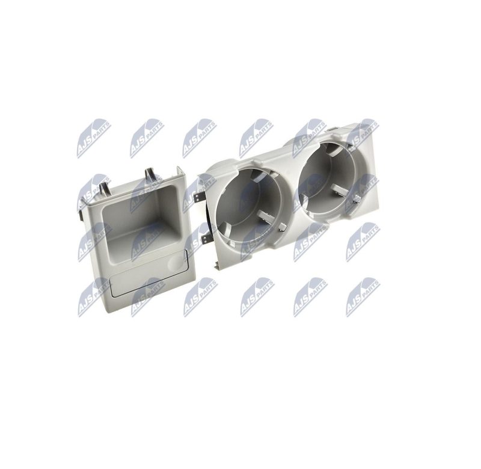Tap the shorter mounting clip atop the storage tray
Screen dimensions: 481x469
pyautogui.click(x=105, y=189)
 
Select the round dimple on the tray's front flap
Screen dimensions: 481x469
pyautogui.click(x=176, y=263)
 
